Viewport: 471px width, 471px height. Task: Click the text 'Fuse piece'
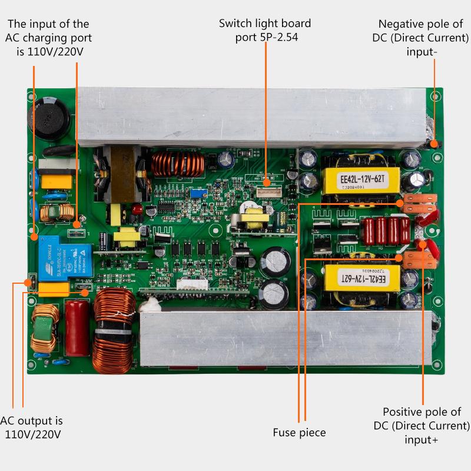(299, 433)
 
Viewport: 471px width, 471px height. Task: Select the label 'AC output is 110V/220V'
(32, 427)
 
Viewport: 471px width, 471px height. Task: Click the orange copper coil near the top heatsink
(173, 164)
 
